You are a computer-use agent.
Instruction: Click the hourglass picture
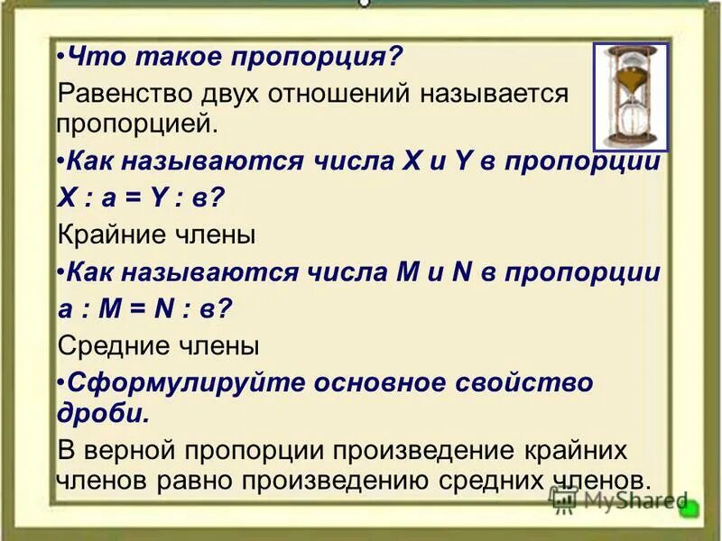[x=631, y=96]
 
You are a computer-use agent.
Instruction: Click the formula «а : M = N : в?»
[x=144, y=308]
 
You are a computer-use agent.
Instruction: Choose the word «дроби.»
[x=101, y=413]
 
